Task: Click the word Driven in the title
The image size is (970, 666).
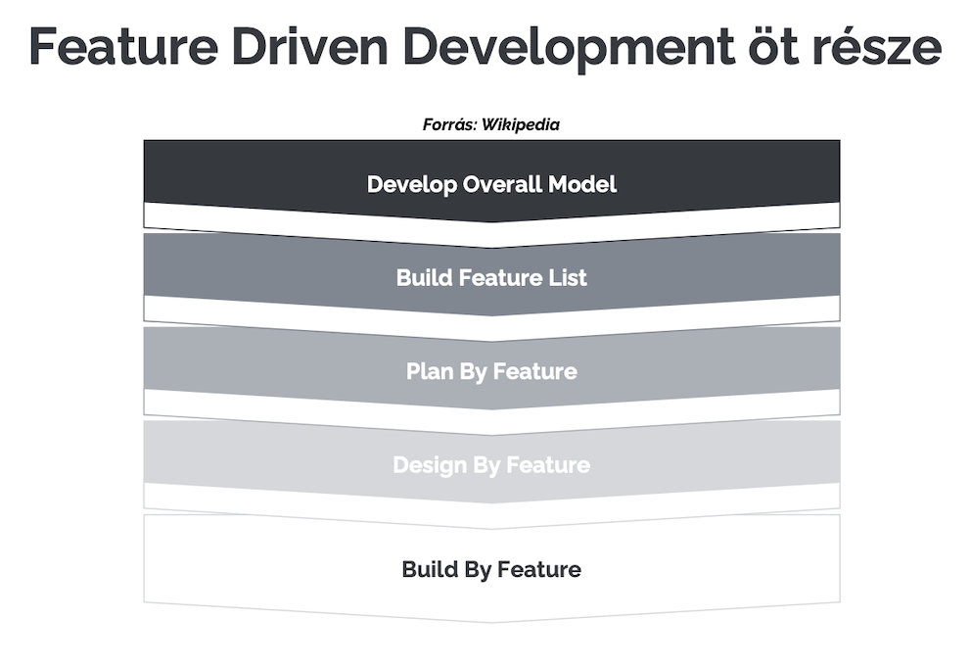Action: coord(309,46)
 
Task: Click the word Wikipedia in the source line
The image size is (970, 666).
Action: coord(521,124)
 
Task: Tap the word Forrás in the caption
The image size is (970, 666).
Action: coord(449,124)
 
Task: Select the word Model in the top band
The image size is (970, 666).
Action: coord(582,184)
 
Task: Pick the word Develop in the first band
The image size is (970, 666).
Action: coord(411,185)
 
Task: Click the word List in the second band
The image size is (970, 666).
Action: coord(568,277)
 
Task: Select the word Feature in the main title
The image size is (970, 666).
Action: coord(123,46)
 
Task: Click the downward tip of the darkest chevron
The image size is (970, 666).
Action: coord(491,222)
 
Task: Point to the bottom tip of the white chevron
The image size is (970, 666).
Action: coord(491,623)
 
